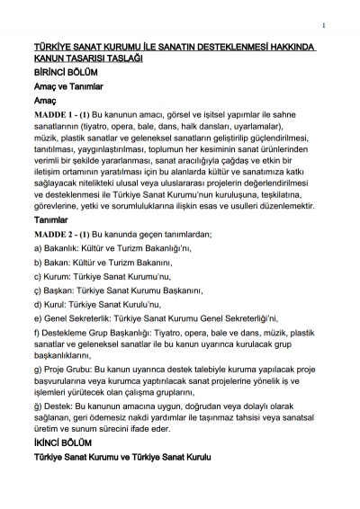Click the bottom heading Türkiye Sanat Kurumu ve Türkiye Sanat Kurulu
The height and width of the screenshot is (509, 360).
pyautogui.click(x=121, y=459)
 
